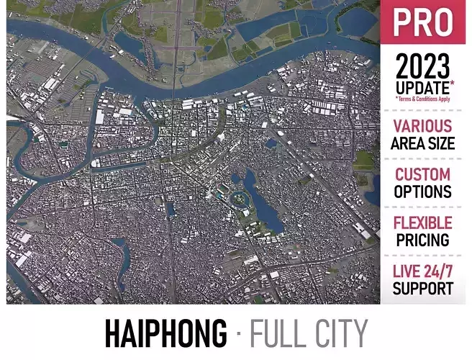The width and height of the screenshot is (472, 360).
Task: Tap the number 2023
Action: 423,69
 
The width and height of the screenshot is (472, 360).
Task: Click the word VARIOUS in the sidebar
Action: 423,127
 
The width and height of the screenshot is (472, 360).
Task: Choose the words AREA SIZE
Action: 423,143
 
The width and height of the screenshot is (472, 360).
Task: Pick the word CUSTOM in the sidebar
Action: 423,175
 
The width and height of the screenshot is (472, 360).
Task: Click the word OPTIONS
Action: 423,192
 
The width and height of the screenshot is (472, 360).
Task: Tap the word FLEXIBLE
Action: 423,223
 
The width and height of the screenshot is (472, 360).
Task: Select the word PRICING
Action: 423,240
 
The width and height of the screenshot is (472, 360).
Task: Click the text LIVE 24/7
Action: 423,272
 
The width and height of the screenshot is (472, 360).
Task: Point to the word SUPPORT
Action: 423,289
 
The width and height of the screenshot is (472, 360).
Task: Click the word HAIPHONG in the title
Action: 165,333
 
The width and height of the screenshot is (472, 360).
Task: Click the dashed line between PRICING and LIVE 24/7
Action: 423,256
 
